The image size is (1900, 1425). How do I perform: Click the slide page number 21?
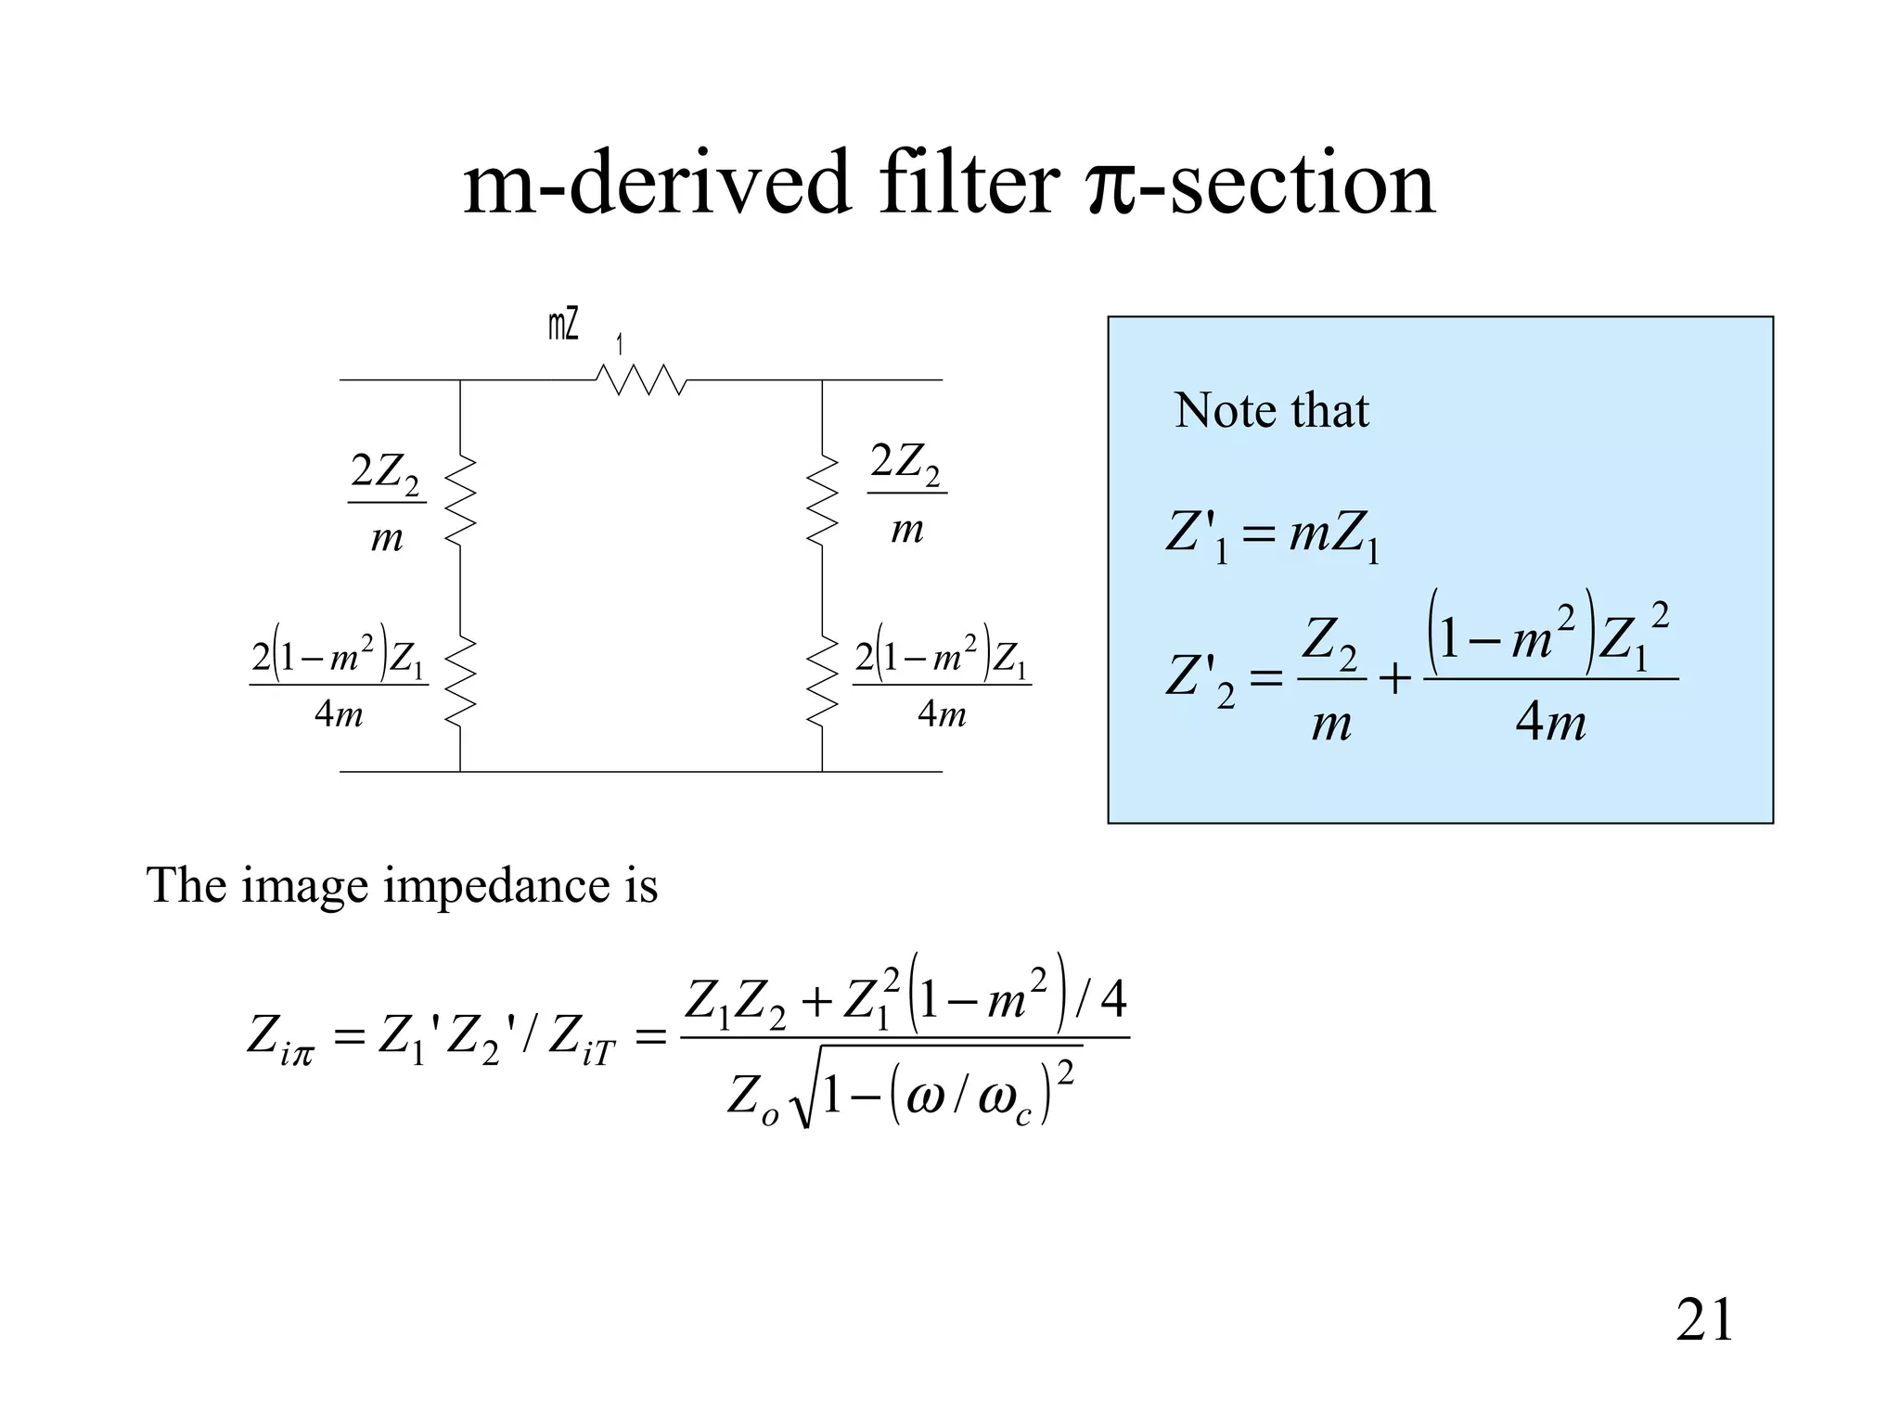1704,1320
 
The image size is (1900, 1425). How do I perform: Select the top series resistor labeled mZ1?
641,379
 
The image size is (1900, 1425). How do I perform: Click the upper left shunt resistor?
461,499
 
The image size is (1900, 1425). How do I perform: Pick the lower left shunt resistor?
461,681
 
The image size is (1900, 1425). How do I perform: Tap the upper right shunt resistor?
822,499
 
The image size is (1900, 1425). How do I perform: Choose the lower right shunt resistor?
822,681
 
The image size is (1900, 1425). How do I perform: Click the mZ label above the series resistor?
564,326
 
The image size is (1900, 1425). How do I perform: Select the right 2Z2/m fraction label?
906,494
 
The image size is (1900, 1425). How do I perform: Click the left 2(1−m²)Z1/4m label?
339,684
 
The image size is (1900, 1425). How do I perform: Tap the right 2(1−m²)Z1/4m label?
942,684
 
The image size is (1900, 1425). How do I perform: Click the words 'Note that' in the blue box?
1271,410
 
